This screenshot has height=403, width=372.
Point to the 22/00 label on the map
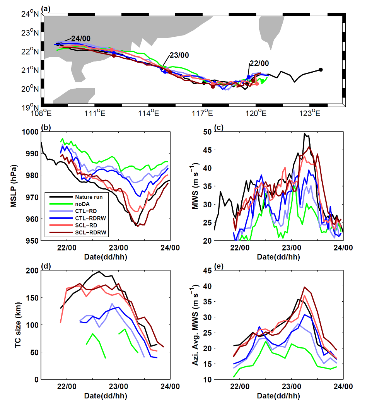(259, 63)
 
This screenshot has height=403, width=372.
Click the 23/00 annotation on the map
(179, 55)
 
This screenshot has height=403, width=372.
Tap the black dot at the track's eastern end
(321, 70)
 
